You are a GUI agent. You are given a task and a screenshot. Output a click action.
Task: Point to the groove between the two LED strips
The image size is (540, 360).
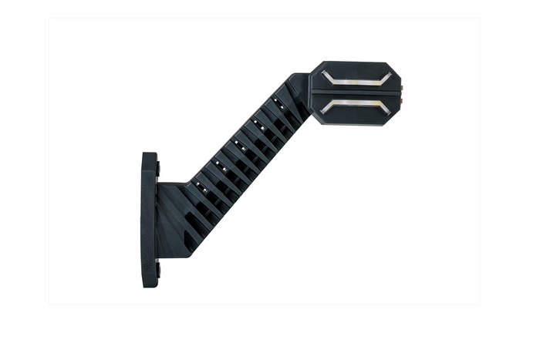pos(354,92)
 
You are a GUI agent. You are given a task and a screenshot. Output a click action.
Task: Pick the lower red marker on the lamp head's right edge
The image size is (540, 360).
pos(402,99)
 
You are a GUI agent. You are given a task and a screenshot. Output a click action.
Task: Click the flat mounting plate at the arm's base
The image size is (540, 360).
pos(149,220)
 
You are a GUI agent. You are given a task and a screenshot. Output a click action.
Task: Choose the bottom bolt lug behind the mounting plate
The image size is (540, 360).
pos(158,270)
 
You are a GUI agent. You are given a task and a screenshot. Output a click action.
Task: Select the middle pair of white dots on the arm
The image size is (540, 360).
pos(238,143)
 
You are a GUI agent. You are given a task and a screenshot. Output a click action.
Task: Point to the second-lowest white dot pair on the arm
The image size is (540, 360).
pos(219,164)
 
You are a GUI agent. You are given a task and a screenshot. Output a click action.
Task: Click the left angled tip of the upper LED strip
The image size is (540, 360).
pos(325,73)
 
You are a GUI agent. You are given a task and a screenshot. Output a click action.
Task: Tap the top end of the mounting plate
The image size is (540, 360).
pos(149,156)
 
